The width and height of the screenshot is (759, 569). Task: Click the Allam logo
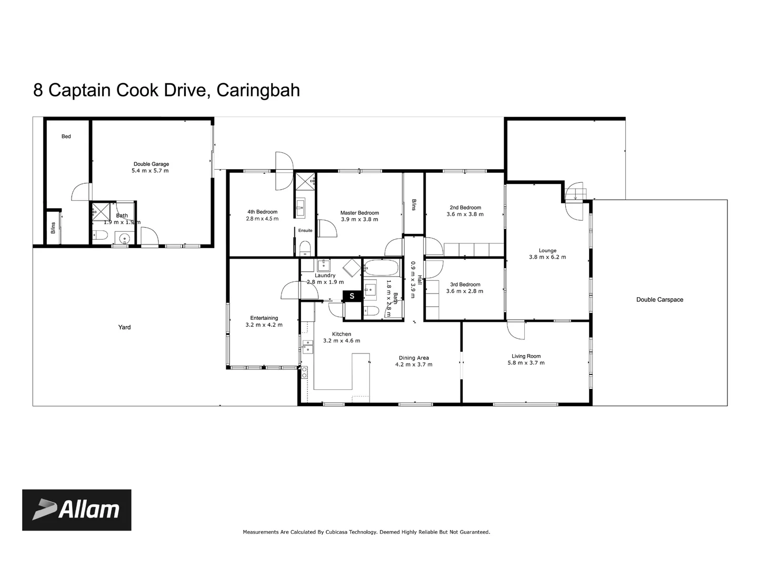click(76, 510)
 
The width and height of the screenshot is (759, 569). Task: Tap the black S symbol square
click(352, 296)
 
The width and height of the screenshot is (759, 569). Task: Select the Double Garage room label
click(151, 164)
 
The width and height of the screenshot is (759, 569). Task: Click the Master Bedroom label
click(359, 213)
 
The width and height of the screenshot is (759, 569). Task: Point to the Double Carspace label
click(660, 300)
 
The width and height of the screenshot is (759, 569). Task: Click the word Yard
click(124, 327)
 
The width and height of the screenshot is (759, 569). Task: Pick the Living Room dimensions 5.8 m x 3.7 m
click(526, 362)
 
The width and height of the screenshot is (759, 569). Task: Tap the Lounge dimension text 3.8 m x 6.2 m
click(547, 257)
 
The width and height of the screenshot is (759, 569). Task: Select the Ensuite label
click(305, 230)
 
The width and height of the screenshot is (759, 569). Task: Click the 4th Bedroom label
click(262, 212)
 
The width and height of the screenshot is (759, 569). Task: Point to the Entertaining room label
click(264, 318)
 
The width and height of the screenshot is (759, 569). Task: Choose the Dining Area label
click(414, 358)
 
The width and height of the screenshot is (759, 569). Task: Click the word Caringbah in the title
click(258, 90)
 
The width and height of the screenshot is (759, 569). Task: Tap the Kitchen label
click(342, 334)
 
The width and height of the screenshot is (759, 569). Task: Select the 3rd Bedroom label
click(465, 284)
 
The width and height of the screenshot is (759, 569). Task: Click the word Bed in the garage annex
click(66, 136)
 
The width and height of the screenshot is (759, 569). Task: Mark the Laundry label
click(325, 276)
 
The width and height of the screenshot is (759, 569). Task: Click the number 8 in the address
click(38, 90)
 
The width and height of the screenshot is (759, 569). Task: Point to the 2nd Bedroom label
click(465, 208)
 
